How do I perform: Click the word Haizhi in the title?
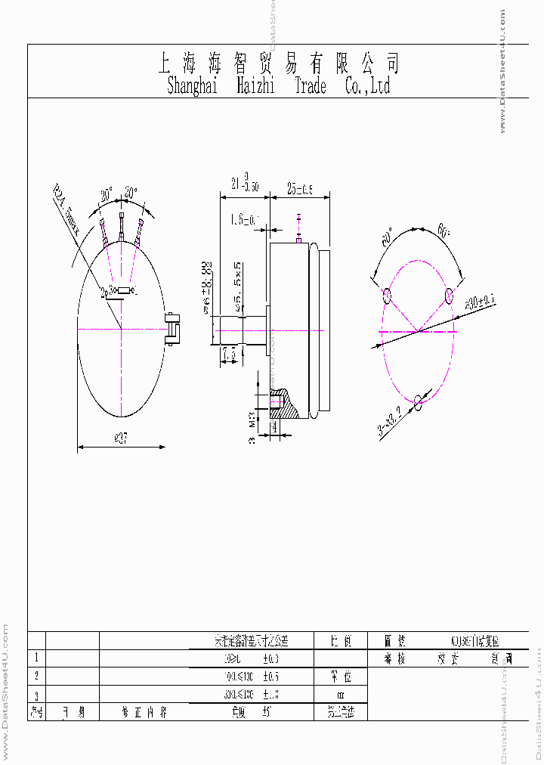259,86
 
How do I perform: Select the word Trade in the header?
310,86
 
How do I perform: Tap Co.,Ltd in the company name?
367,86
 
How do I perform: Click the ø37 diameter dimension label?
119,440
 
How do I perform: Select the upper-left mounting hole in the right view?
387,296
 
